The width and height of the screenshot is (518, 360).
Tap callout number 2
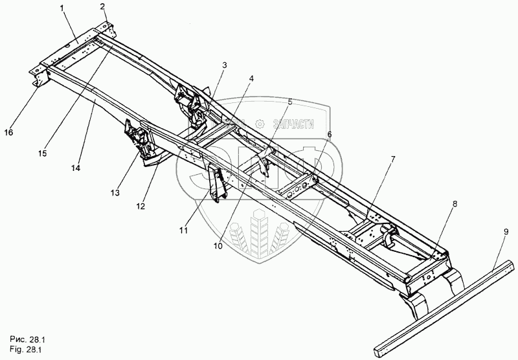click(x=102, y=6)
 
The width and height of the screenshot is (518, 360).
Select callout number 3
click(x=224, y=65)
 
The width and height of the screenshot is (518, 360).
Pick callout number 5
click(x=289, y=102)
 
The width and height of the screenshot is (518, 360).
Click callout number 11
click(x=183, y=230)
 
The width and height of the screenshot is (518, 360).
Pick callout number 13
click(x=115, y=192)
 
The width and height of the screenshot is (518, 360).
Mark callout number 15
click(x=42, y=153)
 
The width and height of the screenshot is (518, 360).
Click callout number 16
click(x=8, y=132)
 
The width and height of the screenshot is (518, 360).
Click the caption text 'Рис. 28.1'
click(x=28, y=338)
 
